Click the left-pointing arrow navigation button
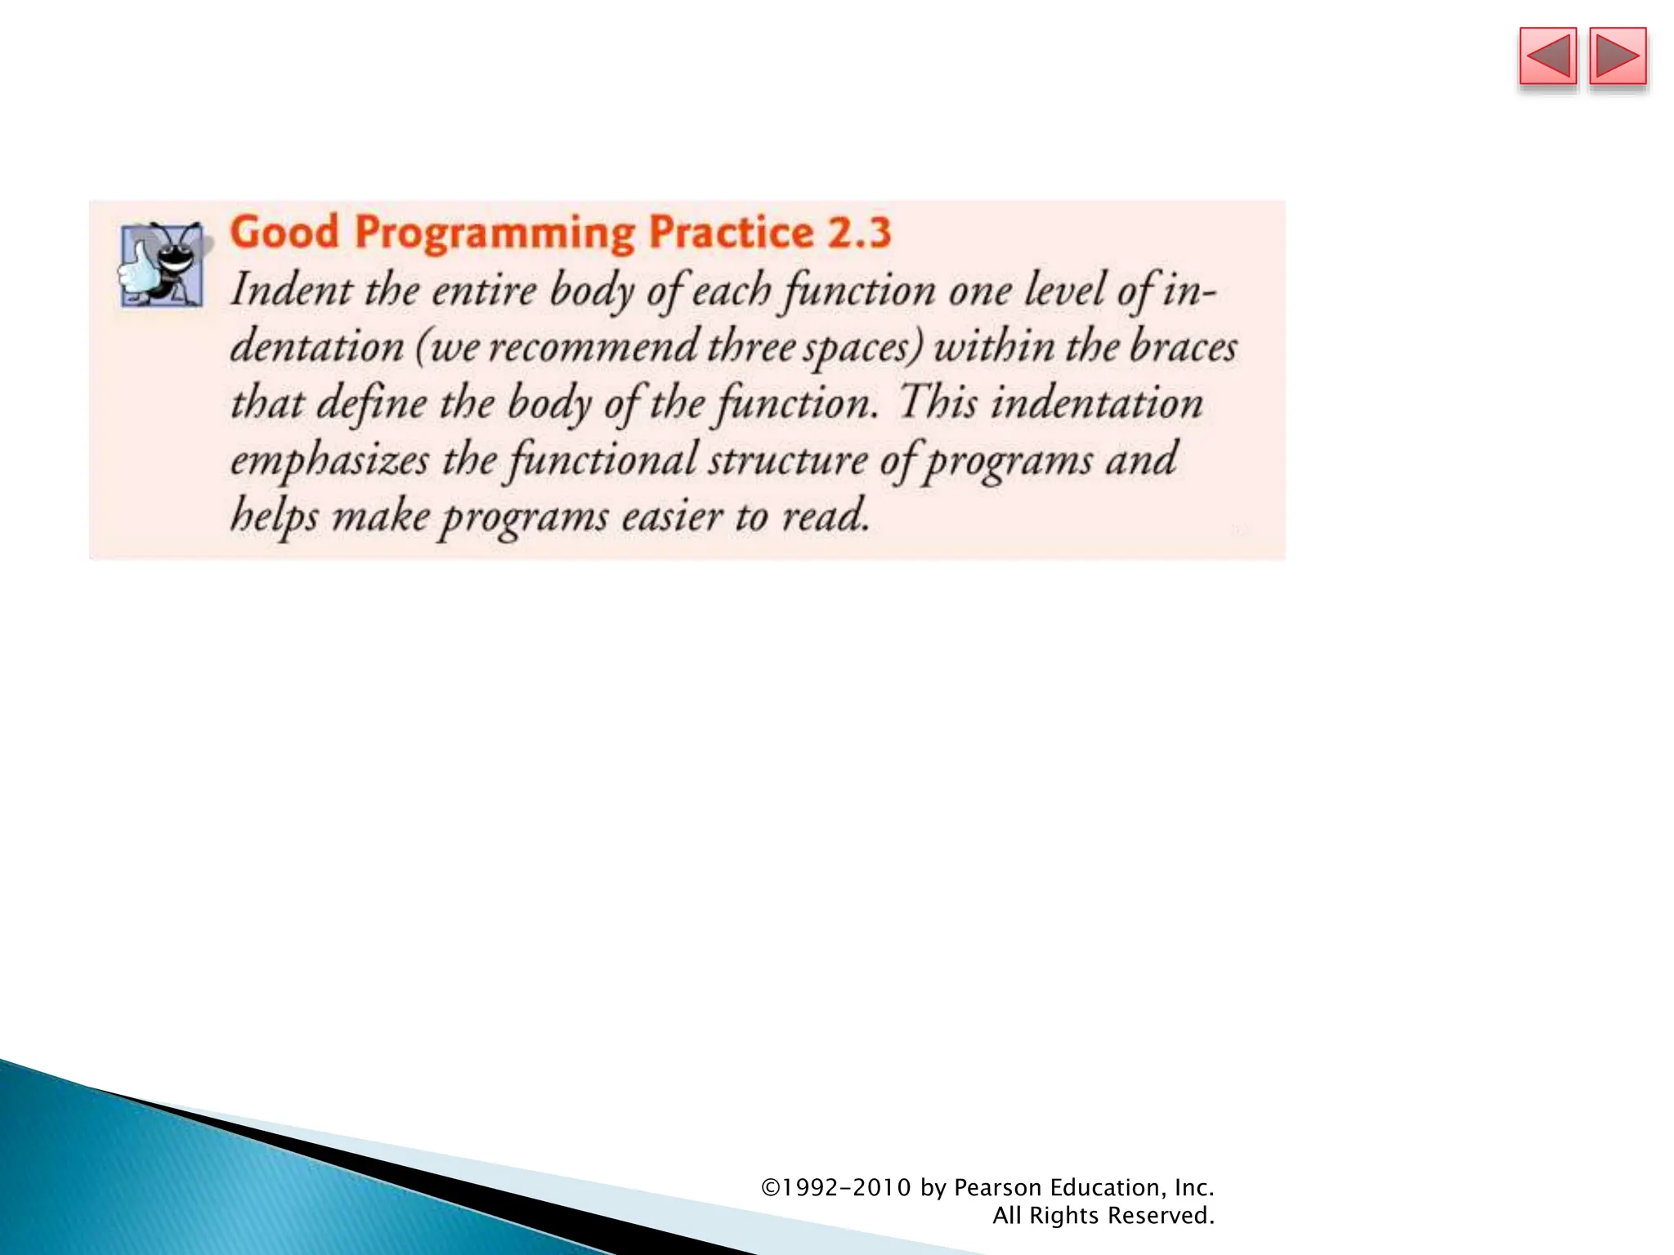pyautogui.click(x=1547, y=56)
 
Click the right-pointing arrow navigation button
pyautogui.click(x=1618, y=56)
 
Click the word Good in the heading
pyautogui.click(x=284, y=232)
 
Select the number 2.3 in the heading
pyautogui.click(x=858, y=232)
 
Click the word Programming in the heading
pyautogui.click(x=495, y=234)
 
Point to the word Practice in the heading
pyautogui.click(x=731, y=232)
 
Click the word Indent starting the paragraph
pyautogui.click(x=291, y=290)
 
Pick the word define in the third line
pyautogui.click(x=371, y=404)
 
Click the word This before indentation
pyautogui.click(x=938, y=403)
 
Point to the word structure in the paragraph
pyautogui.click(x=787, y=460)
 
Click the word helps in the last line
pyautogui.click(x=274, y=517)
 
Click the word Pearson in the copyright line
pyautogui.click(x=997, y=1187)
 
